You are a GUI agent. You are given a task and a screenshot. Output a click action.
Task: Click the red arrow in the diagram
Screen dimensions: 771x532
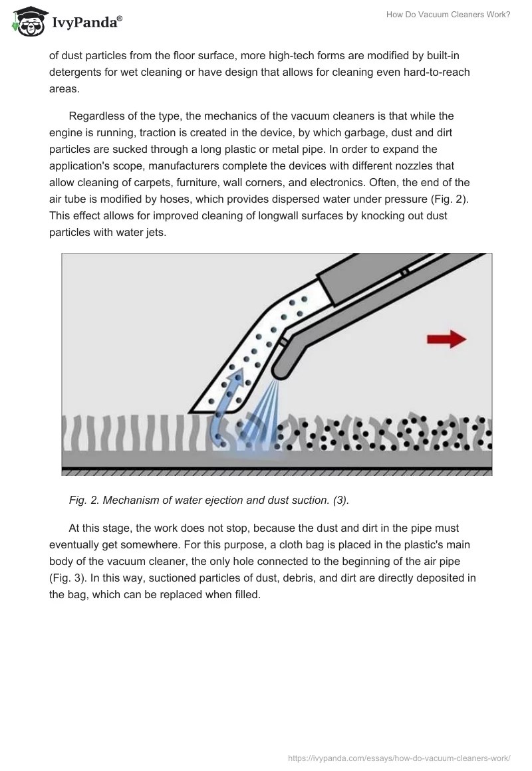(x=446, y=339)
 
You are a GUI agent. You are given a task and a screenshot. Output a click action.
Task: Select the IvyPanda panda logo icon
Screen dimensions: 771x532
(x=25, y=23)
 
